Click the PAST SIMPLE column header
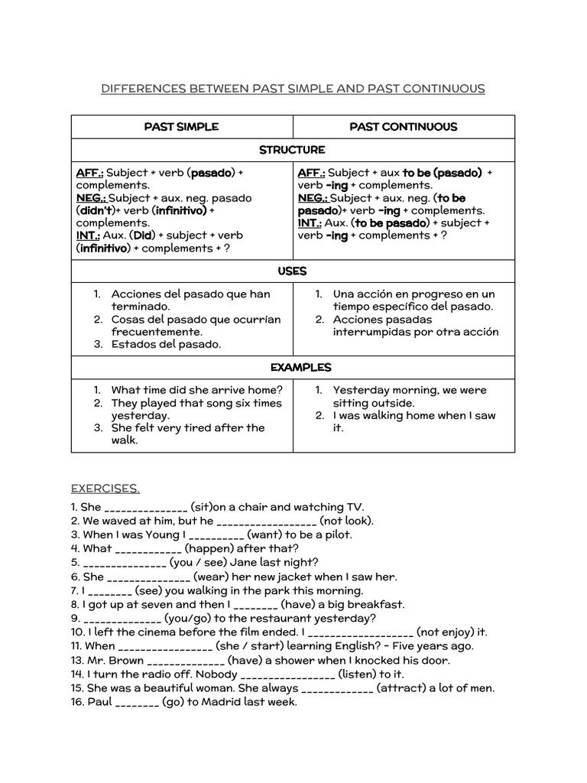pos(181,126)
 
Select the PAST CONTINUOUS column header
pos(404,126)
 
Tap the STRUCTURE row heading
pos(292,149)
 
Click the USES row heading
pos(293,271)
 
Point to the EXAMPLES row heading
pos(293,367)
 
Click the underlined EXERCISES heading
pos(105,488)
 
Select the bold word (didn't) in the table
pos(96,210)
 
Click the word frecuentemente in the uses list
pos(157,332)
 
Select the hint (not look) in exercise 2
pos(346,521)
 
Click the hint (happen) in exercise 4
pos(209,548)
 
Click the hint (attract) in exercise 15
pos(403,688)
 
